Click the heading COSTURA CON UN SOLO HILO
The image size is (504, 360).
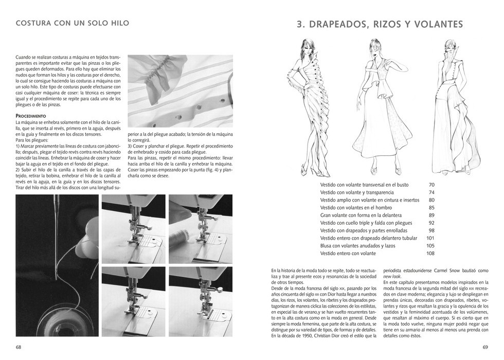point(72,23)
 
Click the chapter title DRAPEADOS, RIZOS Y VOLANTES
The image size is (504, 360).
point(381,24)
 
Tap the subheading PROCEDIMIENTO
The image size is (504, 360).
point(31,116)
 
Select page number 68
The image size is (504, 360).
point(19,347)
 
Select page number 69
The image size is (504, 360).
point(485,347)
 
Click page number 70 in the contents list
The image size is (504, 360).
point(431,184)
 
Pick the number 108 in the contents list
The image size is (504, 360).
point(430,253)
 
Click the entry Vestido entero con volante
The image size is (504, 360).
point(348,253)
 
